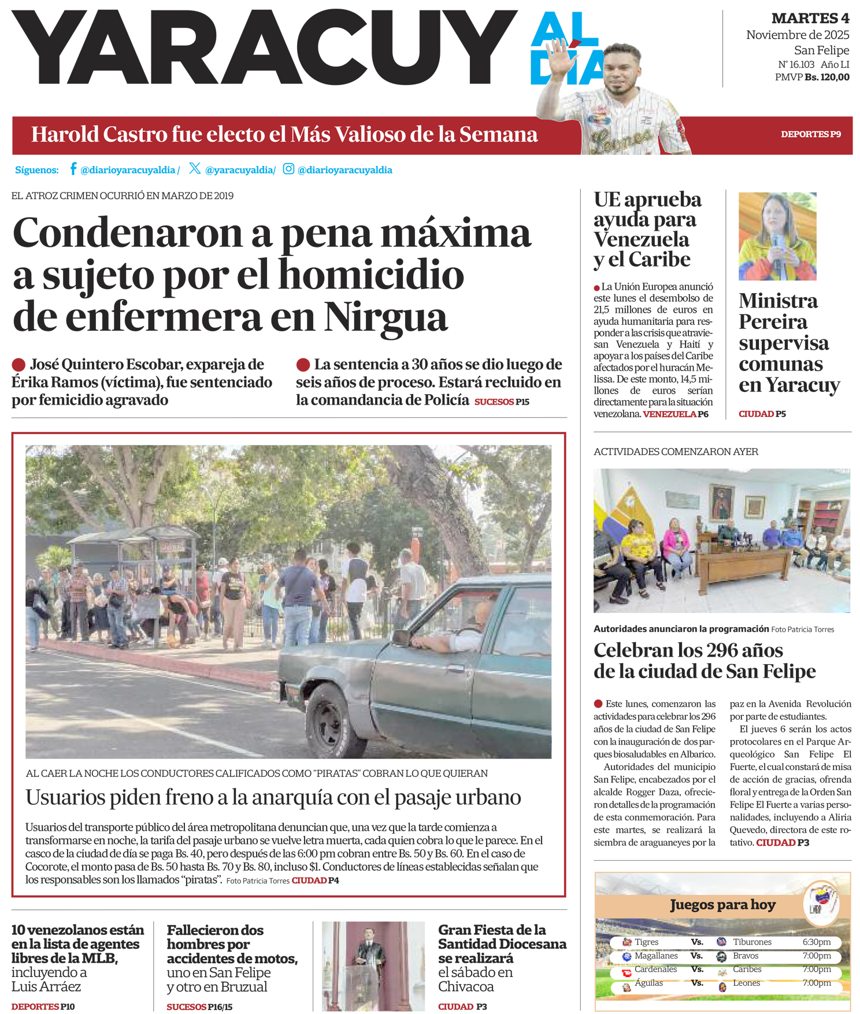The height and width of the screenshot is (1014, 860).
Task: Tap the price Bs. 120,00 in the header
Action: (827, 77)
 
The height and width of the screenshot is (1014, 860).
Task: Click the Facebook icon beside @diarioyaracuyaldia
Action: (73, 169)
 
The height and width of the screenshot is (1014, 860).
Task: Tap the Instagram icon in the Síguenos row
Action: (288, 169)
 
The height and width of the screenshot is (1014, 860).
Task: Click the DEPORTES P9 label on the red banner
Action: (810, 135)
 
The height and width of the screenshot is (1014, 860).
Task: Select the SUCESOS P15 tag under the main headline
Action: (502, 402)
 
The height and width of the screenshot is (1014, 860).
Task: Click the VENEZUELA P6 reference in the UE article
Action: (675, 414)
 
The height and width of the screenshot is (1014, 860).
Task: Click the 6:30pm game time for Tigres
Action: (816, 942)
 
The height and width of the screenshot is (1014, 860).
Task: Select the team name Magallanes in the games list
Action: (656, 956)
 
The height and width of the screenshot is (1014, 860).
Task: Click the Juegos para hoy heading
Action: (722, 905)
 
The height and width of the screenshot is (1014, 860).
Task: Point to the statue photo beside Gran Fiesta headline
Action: (373, 966)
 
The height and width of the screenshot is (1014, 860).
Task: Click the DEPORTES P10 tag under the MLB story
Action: (43, 1006)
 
